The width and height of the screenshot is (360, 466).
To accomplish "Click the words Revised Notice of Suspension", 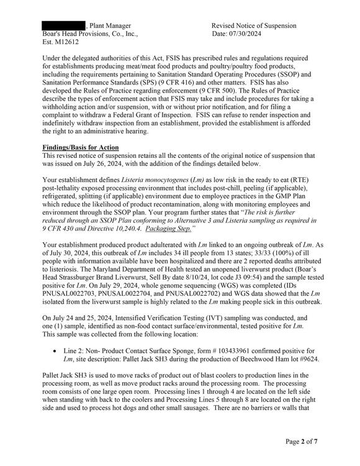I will (254, 25).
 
